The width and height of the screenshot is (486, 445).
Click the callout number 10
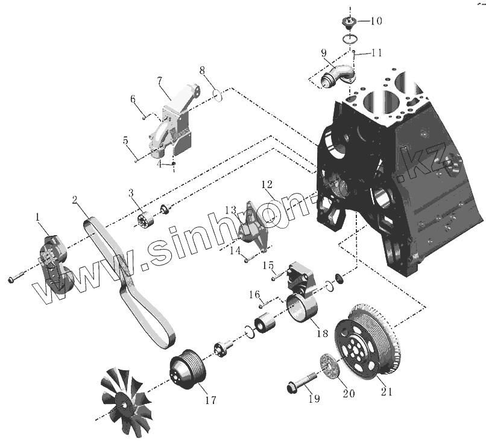pos(376,21)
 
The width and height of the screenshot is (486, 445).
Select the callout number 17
pos(209,399)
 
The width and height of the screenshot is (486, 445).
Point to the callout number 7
pos(160,81)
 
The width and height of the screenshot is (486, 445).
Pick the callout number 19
pos(312,399)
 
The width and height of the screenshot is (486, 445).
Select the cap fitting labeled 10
pos(349,24)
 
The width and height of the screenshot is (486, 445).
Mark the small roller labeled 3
pos(148,221)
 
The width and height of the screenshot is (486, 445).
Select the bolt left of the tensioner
pos(15,279)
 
